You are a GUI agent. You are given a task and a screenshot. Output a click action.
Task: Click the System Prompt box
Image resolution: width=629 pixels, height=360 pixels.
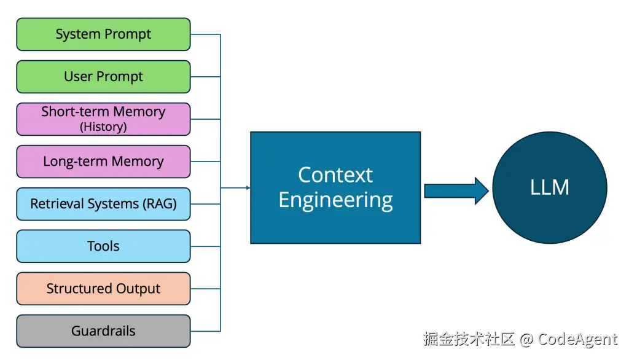click(x=103, y=34)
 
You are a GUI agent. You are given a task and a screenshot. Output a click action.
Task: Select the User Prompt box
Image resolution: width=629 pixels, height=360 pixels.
click(x=103, y=77)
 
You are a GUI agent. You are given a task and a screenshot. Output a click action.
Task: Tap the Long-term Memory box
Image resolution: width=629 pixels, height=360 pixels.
click(x=103, y=162)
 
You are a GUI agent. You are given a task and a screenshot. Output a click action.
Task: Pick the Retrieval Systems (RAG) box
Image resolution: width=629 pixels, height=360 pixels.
click(x=103, y=204)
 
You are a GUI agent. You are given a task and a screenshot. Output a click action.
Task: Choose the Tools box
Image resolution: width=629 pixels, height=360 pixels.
click(x=103, y=246)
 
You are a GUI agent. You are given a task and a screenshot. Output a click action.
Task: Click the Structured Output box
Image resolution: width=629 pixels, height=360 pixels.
click(x=103, y=289)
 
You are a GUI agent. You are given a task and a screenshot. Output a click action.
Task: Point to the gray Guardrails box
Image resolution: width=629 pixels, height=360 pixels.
click(x=103, y=331)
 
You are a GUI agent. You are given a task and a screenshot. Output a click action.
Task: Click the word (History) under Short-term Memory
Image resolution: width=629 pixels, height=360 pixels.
click(x=103, y=127)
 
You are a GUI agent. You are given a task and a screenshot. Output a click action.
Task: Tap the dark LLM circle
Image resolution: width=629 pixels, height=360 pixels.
click(x=550, y=187)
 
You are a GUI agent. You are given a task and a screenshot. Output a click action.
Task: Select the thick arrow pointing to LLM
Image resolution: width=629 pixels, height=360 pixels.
click(x=456, y=190)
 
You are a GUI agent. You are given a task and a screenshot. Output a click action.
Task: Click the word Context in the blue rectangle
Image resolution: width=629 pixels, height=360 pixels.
click(x=335, y=175)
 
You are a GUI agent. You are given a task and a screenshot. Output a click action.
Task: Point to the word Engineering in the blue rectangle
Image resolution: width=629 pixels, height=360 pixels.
click(x=336, y=200)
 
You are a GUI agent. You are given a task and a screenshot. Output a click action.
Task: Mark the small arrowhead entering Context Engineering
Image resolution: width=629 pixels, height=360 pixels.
click(x=248, y=187)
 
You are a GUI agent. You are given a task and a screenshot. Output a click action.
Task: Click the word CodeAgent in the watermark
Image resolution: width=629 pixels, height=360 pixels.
click(x=577, y=339)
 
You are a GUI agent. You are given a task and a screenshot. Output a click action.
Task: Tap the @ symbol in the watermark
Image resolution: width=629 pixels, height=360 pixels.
click(x=526, y=340)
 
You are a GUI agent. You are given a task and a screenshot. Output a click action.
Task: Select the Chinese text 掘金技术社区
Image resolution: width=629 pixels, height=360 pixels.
click(x=469, y=338)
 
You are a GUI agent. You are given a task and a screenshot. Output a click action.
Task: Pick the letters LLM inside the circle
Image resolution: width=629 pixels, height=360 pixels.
click(x=550, y=187)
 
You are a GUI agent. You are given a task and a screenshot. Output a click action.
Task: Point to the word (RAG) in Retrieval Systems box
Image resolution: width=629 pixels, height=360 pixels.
click(x=160, y=204)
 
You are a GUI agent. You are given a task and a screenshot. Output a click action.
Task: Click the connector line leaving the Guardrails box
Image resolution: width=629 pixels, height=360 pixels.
click(x=205, y=331)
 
